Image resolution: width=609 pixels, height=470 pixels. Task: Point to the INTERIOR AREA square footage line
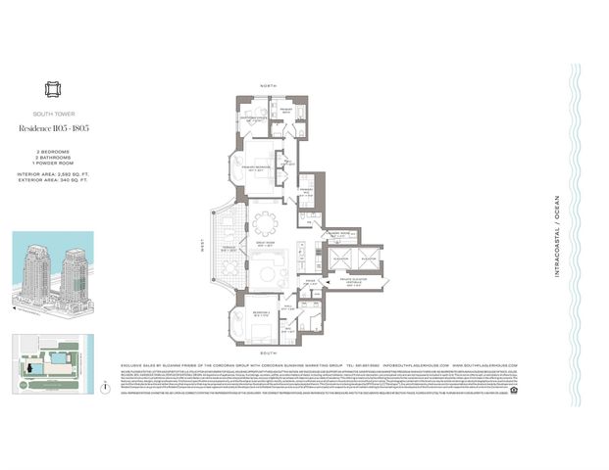(52, 174)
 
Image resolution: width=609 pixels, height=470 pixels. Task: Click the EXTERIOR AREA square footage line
(52, 181)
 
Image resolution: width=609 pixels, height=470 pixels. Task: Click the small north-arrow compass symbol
(104, 386)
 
